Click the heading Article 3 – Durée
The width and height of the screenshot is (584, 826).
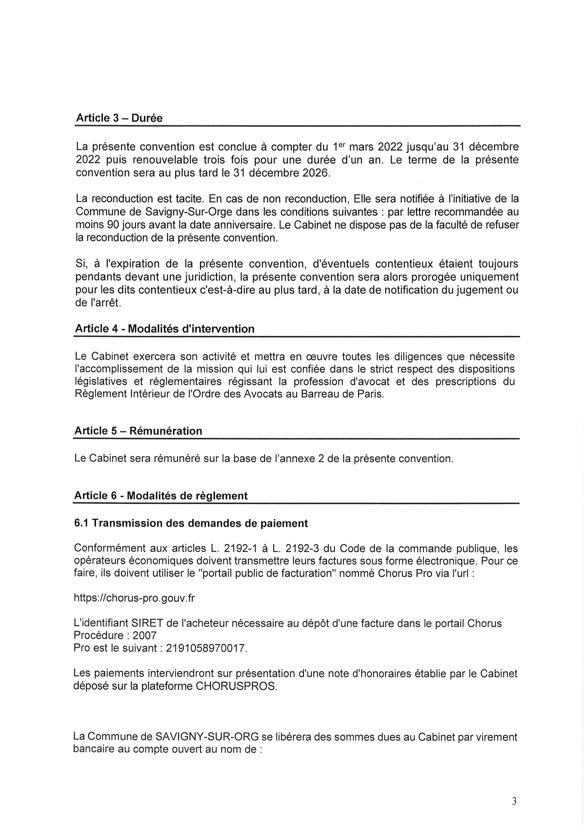tap(119, 118)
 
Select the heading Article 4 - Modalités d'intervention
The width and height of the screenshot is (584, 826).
tap(164, 329)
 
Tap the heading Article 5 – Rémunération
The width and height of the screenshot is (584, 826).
tap(138, 431)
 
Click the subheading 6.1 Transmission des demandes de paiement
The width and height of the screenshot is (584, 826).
tap(191, 523)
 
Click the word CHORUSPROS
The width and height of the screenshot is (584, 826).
tap(237, 686)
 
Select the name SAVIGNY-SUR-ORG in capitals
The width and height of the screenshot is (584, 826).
tap(207, 737)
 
